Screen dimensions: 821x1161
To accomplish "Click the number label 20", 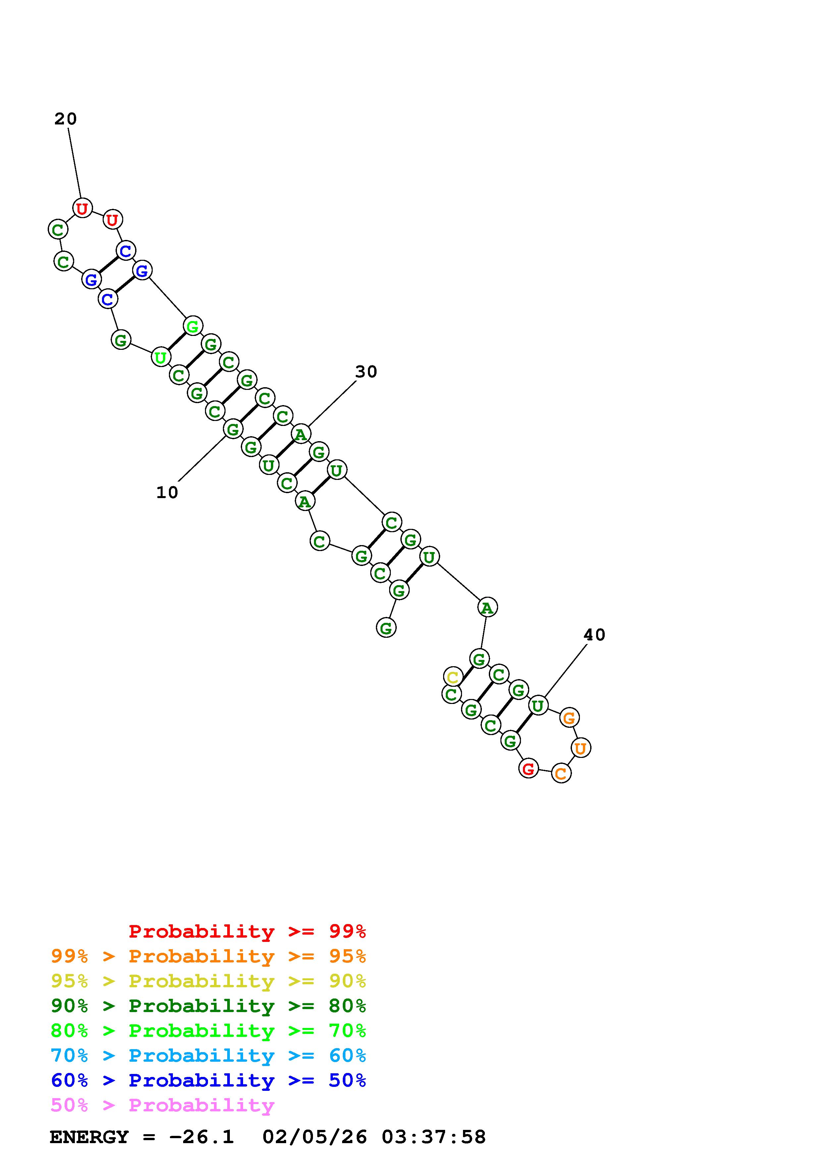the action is click(66, 119).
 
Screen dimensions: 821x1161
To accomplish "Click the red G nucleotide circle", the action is click(529, 769).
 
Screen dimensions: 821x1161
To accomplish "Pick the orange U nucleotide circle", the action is click(581, 748).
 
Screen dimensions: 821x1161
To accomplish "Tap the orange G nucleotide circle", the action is click(570, 718).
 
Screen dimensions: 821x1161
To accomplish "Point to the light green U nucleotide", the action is click(161, 357).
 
